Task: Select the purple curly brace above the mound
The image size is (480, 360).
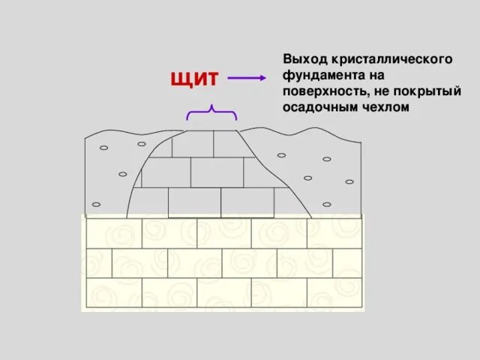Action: click(x=212, y=112)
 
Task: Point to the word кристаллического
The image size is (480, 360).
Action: click(x=385, y=58)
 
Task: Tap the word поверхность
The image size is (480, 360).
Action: click(x=323, y=91)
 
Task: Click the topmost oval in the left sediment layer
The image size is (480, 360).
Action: click(x=141, y=143)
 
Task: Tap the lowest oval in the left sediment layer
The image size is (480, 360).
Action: click(x=95, y=204)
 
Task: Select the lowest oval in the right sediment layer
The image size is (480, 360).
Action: click(x=325, y=203)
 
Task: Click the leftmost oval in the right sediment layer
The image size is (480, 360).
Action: click(x=281, y=155)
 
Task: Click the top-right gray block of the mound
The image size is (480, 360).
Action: click(x=227, y=143)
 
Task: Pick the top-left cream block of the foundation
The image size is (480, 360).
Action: click(x=114, y=233)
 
